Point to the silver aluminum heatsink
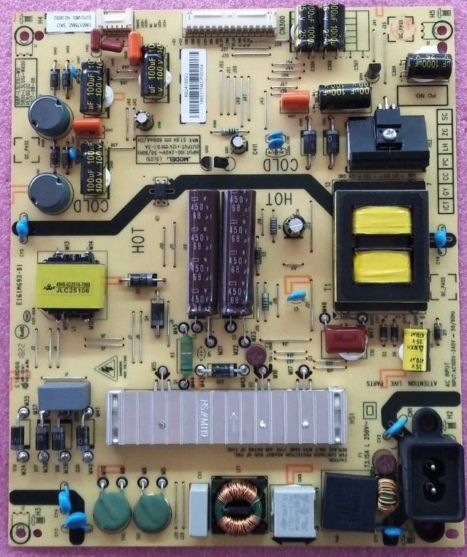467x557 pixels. [x=227, y=416]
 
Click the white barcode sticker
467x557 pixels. [x=191, y=73]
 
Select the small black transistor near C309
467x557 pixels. [x=374, y=72]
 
